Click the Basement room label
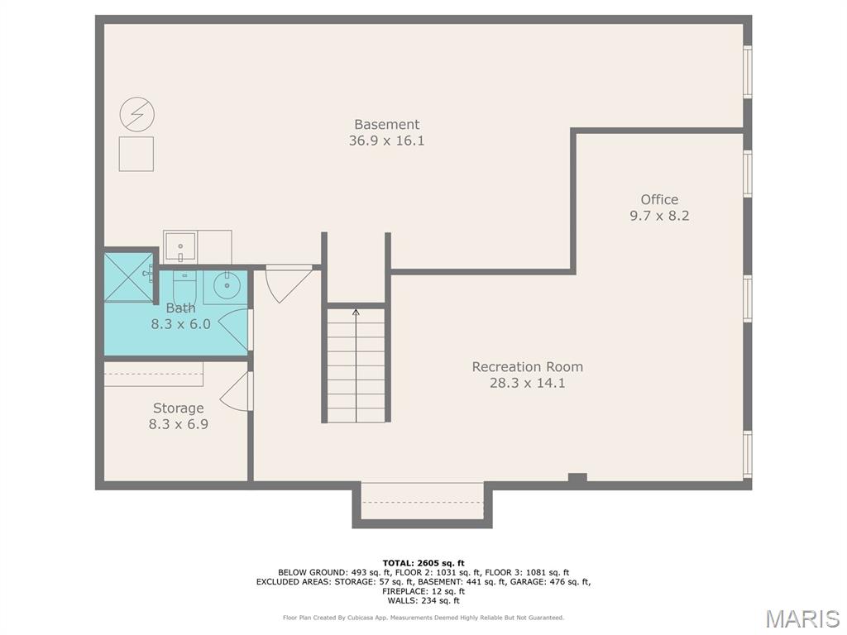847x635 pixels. [387, 124]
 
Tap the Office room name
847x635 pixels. [659, 199]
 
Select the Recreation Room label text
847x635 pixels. [527, 366]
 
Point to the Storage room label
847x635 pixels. [179, 408]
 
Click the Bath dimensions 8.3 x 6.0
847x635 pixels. [180, 324]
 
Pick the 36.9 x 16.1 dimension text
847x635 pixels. [387, 141]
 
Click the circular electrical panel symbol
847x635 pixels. [137, 114]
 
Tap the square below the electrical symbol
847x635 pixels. [136, 154]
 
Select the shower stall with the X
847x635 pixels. [128, 278]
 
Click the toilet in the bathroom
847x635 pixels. [184, 286]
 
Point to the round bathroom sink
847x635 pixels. [227, 286]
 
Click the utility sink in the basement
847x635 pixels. [180, 247]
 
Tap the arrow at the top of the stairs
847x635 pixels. [356, 312]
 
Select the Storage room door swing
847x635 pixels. [233, 390]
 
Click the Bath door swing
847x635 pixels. [234, 329]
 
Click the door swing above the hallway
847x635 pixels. [288, 283]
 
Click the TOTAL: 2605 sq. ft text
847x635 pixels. [423, 563]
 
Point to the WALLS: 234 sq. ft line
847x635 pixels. [423, 600]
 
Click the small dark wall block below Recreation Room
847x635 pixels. [577, 477]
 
